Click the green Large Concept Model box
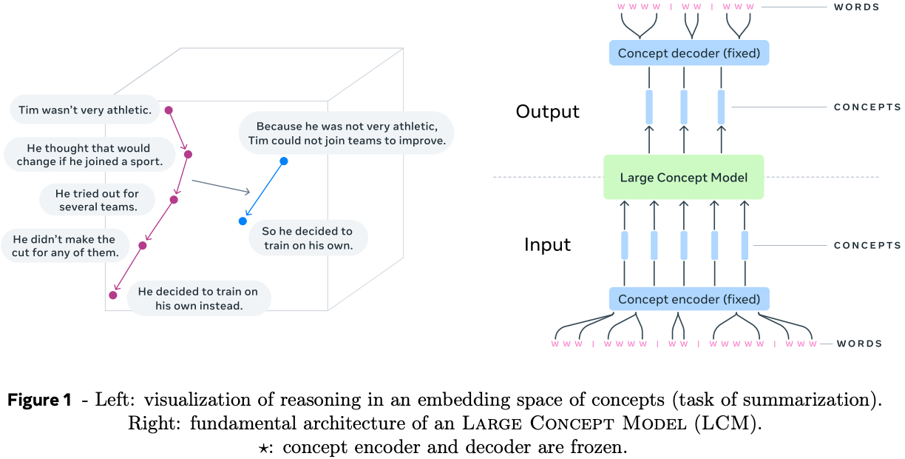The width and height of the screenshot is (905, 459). click(683, 177)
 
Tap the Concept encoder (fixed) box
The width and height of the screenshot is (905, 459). click(688, 299)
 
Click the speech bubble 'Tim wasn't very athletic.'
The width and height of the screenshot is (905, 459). click(84, 110)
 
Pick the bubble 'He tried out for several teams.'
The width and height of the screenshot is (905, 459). click(98, 200)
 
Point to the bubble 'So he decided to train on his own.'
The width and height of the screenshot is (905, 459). click(308, 238)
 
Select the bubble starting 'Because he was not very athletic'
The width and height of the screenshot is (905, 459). click(346, 133)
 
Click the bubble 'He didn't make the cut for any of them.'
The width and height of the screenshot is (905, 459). click(65, 246)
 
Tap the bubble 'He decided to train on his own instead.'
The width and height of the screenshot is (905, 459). click(198, 298)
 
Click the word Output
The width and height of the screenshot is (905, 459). click(547, 112)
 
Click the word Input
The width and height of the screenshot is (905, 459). click(547, 245)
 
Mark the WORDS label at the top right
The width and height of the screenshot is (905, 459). click(856, 7)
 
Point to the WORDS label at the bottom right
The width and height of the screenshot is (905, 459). click(859, 344)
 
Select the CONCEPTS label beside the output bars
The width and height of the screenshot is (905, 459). click(867, 107)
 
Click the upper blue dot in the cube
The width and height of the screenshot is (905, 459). click(284, 161)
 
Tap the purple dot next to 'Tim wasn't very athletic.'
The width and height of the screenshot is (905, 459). click(169, 110)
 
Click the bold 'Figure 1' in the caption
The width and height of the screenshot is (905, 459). click(39, 401)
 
